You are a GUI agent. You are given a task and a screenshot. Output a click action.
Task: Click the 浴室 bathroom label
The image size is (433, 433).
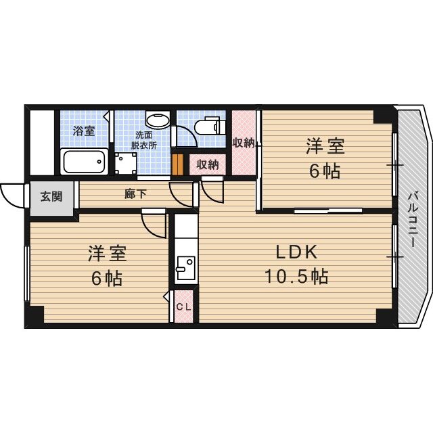point(84,131)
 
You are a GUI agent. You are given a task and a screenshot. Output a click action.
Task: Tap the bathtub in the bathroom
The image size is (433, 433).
point(84,162)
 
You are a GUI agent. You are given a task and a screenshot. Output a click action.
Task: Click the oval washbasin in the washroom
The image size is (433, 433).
point(158,121)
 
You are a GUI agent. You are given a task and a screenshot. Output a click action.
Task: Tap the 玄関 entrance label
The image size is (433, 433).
point(51,197)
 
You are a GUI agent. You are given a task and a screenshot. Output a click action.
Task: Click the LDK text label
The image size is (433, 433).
point(296,252)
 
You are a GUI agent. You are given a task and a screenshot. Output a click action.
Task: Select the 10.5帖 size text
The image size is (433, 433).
point(296,276)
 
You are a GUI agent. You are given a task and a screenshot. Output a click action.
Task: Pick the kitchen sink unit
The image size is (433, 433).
point(184,268)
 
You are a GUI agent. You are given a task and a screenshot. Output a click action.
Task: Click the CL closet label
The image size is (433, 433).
point(184,306)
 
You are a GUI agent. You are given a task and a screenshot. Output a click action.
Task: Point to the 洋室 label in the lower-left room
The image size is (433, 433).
point(107,254)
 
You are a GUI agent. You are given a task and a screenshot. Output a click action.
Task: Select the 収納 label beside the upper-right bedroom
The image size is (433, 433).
point(243,143)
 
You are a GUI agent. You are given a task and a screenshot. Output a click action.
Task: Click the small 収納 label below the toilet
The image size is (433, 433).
point(208,164)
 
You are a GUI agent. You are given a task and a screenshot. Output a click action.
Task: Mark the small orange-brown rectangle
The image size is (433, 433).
point(178,164)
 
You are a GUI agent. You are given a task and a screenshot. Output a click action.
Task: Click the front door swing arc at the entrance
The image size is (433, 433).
point(14,196)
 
